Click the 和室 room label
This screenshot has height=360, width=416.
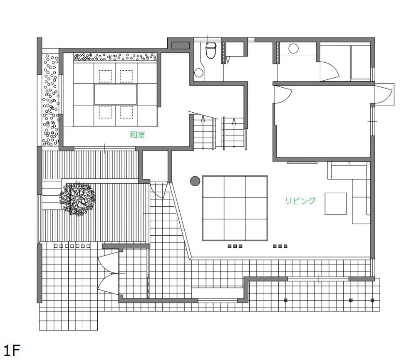(137, 135)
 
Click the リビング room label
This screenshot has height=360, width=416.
(300, 200)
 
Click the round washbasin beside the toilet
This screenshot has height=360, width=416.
(198, 73)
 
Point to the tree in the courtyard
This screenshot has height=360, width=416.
(77, 198)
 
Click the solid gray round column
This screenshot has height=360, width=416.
(195, 181)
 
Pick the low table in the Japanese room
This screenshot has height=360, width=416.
(115, 94)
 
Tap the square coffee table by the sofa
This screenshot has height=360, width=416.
(336, 204)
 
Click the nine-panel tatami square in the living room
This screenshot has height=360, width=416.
(235, 208)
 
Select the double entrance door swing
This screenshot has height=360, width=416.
(109, 273)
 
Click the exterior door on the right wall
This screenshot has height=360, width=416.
(384, 94)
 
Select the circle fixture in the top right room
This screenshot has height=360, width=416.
(294, 49)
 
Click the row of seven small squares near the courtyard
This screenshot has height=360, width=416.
(72, 246)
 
